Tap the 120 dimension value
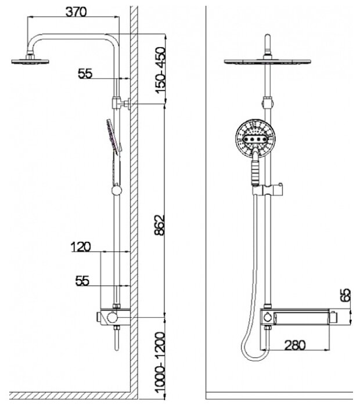[81, 247]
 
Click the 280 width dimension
[296, 345]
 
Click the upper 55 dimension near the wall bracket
[85, 74]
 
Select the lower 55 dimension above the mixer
[82, 281]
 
